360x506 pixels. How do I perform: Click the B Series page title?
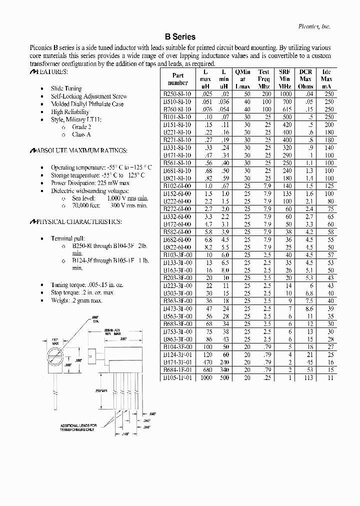click(180, 37)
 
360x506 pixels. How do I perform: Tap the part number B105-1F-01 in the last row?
click(177, 377)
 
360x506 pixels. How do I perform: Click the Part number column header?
click(177, 79)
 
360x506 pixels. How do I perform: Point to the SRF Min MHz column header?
click(284, 79)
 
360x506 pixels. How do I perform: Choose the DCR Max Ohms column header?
click(305, 79)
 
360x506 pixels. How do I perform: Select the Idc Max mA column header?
click(326, 79)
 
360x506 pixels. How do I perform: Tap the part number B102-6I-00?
click(177, 185)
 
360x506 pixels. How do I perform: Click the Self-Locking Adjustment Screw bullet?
click(89, 96)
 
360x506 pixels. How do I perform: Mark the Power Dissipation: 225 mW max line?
click(90, 183)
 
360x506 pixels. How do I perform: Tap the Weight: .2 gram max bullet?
click(76, 300)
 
